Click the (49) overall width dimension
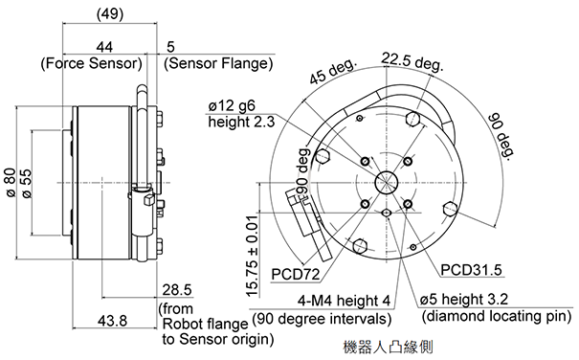(x=110, y=13)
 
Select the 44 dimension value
(x=104, y=47)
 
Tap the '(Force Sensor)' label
(x=91, y=63)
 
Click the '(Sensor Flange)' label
(x=218, y=63)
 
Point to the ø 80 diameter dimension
(x=11, y=183)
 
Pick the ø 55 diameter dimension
(x=27, y=183)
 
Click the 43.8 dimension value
(x=112, y=321)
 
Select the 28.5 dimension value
(x=177, y=290)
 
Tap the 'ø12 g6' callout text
(x=232, y=106)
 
